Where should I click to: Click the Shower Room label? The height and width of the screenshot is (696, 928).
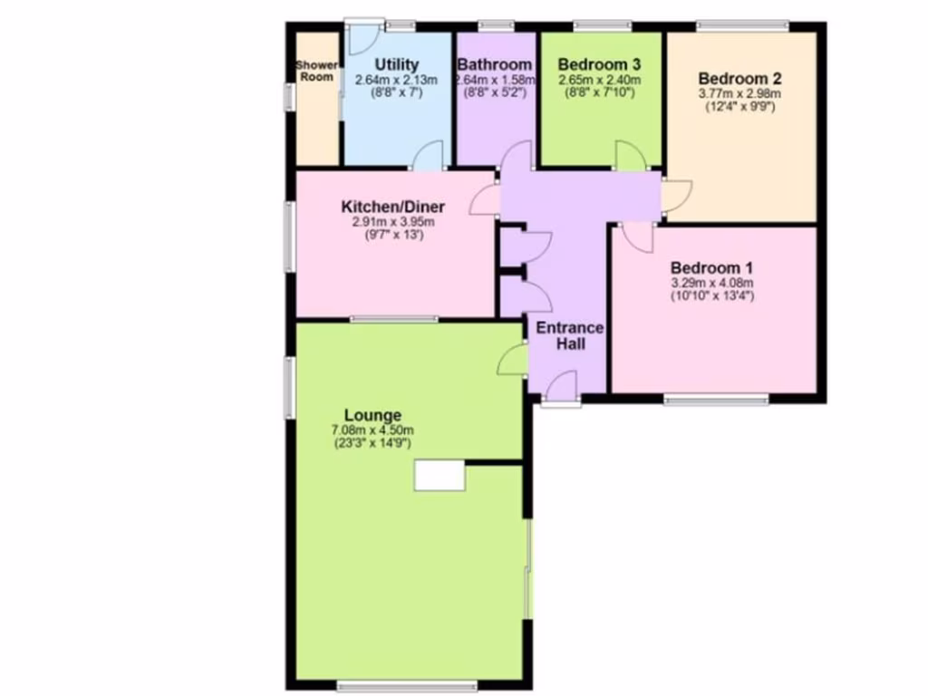coord(316,71)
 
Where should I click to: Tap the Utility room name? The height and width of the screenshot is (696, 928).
coord(397,64)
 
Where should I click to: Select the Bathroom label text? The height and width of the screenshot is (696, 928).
coord(494,64)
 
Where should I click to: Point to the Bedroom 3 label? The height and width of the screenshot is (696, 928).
coord(599,64)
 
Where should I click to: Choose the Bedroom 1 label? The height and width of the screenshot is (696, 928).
coord(711,268)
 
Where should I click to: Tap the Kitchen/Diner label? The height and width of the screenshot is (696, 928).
coord(393,207)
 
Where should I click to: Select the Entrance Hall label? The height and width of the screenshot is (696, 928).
coord(569,336)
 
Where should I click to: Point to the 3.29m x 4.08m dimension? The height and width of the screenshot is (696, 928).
coord(711,283)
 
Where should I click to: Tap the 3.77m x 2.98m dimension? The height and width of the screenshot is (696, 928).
coord(739,92)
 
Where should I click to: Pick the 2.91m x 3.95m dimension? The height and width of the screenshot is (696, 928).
coord(393,222)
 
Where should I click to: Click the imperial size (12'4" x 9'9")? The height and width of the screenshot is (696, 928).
coord(739,106)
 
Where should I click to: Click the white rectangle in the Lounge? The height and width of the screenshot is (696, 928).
coord(440,475)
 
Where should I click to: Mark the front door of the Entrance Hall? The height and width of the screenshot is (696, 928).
coord(562,387)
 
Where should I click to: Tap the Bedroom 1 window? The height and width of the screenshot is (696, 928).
coord(716,399)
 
